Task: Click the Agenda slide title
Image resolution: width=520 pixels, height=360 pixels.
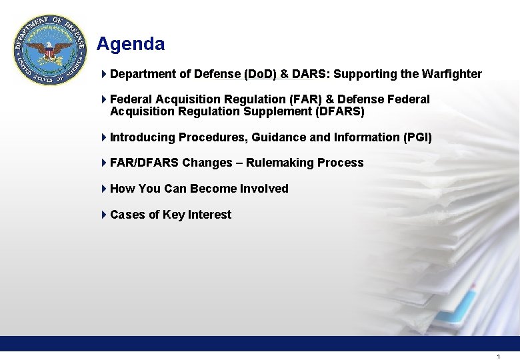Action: [x=130, y=44]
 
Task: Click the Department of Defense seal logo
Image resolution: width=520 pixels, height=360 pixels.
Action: [x=51, y=51]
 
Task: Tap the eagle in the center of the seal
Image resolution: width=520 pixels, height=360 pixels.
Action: [x=51, y=51]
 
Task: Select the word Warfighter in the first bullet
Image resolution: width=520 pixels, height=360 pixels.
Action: [x=451, y=74]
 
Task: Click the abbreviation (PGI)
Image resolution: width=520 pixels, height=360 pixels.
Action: [x=417, y=137]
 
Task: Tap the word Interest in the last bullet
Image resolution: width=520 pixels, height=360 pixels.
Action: [x=209, y=215]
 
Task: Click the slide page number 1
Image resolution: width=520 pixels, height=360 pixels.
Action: [x=498, y=357]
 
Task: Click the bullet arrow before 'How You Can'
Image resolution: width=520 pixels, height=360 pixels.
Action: [x=104, y=189]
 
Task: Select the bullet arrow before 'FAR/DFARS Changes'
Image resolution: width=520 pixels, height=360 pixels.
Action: [x=104, y=163]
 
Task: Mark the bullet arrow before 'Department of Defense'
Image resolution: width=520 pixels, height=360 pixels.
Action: [x=104, y=74]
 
